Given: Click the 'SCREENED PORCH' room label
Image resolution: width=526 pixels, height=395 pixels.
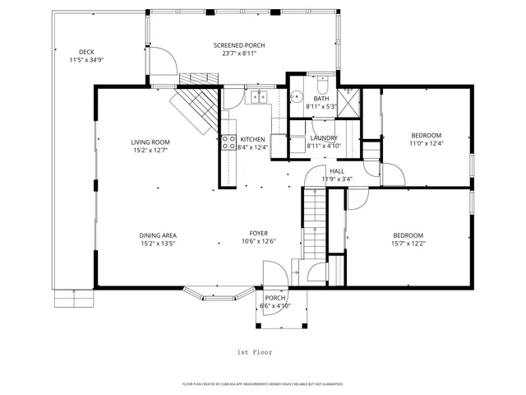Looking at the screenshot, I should [239, 45].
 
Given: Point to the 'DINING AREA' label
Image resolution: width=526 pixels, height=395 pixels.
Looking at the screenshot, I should [157, 235].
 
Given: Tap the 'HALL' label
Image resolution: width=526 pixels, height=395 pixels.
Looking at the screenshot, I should [337, 170].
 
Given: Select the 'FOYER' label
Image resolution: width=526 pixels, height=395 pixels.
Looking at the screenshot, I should [258, 233].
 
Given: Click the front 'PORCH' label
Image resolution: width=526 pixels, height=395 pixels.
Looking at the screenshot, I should [275, 298].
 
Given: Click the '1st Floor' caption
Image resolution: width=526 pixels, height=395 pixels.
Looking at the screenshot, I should [254, 351].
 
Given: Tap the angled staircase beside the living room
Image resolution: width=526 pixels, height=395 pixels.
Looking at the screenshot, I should [196, 108].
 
